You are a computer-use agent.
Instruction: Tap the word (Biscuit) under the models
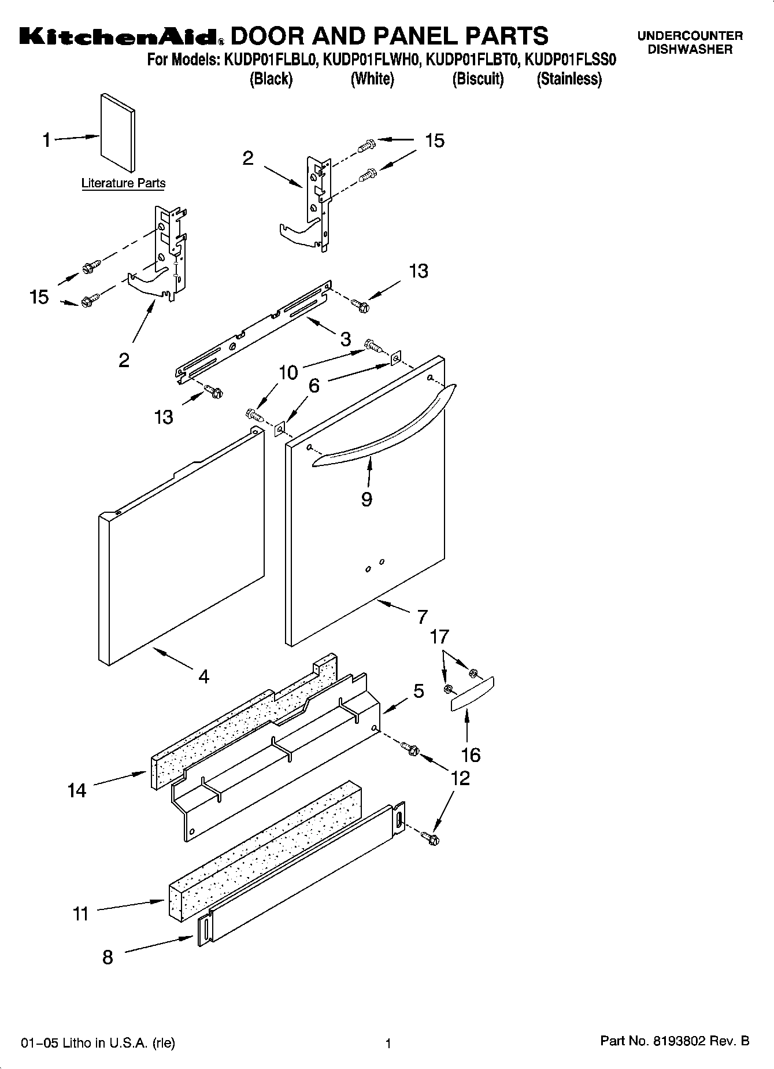click(477, 79)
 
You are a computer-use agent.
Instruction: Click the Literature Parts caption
click(123, 183)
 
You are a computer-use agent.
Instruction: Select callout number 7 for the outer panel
click(423, 616)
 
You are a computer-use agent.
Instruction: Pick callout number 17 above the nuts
click(439, 637)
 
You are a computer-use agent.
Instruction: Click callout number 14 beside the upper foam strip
click(77, 790)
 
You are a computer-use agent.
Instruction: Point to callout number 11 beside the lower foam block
click(80, 914)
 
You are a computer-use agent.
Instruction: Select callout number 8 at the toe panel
click(108, 957)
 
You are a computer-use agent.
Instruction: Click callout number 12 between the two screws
click(460, 778)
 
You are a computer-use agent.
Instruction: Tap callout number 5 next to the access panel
click(419, 691)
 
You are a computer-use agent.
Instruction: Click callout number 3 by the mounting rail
click(345, 339)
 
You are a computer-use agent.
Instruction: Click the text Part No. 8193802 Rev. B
click(675, 1041)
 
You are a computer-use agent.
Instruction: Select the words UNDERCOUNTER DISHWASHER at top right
click(690, 42)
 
